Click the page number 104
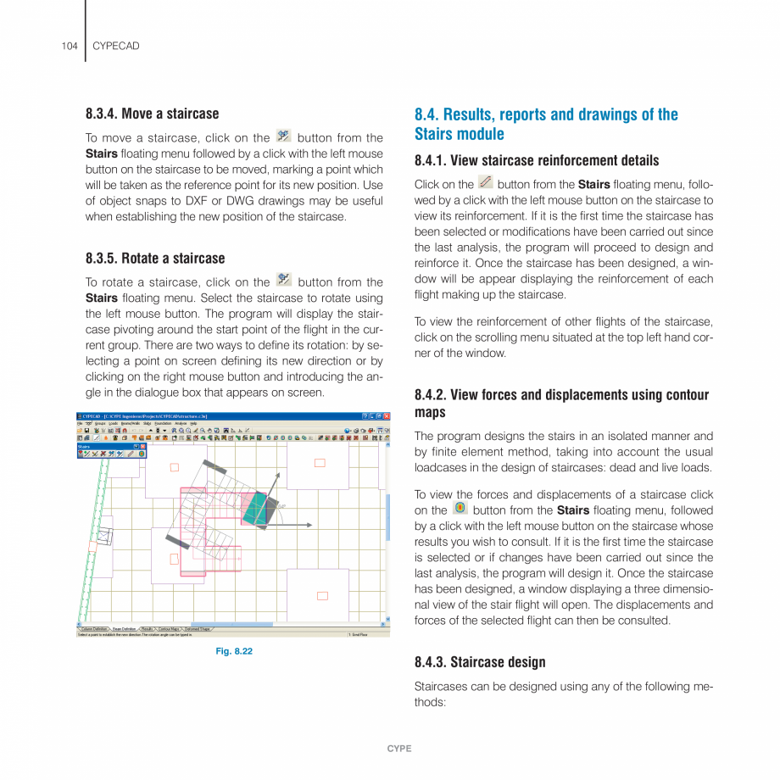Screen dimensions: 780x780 coord(70,46)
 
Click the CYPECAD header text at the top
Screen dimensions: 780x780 coord(115,46)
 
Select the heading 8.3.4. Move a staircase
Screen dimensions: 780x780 coord(152,114)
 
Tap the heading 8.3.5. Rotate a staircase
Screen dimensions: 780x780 coord(155,258)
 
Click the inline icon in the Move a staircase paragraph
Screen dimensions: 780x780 coord(284,136)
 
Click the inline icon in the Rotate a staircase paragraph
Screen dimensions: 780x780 coord(284,281)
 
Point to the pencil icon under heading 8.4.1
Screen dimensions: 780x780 coord(485,182)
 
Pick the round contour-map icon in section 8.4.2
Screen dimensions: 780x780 coord(460,509)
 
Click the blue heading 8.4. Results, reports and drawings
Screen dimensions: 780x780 coord(546,124)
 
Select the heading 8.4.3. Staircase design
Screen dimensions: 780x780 coord(480,661)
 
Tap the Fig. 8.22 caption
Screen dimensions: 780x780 coord(233,651)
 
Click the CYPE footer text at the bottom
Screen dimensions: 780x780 coord(398,749)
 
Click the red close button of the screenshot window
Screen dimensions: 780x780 coord(387,416)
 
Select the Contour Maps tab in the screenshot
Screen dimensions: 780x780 coord(168,628)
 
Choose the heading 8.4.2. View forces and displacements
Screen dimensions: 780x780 coord(561,403)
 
